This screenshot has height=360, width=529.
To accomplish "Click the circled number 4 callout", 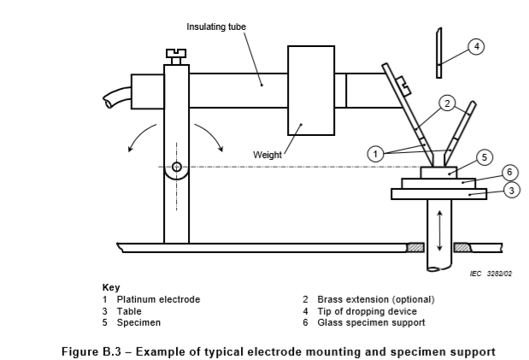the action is (476, 47).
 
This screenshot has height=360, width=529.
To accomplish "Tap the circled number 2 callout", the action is (447, 103).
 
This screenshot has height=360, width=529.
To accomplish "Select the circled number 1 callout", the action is (375, 154).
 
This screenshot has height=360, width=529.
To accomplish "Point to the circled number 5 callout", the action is (485, 157).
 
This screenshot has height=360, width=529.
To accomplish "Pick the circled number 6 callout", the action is (509, 173).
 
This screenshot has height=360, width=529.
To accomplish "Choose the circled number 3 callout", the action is (512, 191).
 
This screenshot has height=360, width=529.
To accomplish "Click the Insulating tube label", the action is (216, 27).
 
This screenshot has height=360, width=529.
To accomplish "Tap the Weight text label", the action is (267, 155).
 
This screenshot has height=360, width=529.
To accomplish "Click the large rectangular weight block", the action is (311, 91).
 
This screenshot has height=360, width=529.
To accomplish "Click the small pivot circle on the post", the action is (176, 167).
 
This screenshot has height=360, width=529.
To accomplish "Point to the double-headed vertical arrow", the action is (439, 230).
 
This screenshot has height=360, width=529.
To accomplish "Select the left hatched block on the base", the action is (415, 247).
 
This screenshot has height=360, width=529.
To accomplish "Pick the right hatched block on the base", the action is (462, 247).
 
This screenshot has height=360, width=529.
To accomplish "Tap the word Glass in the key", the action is (328, 322).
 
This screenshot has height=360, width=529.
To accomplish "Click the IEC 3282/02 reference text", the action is (491, 274).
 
